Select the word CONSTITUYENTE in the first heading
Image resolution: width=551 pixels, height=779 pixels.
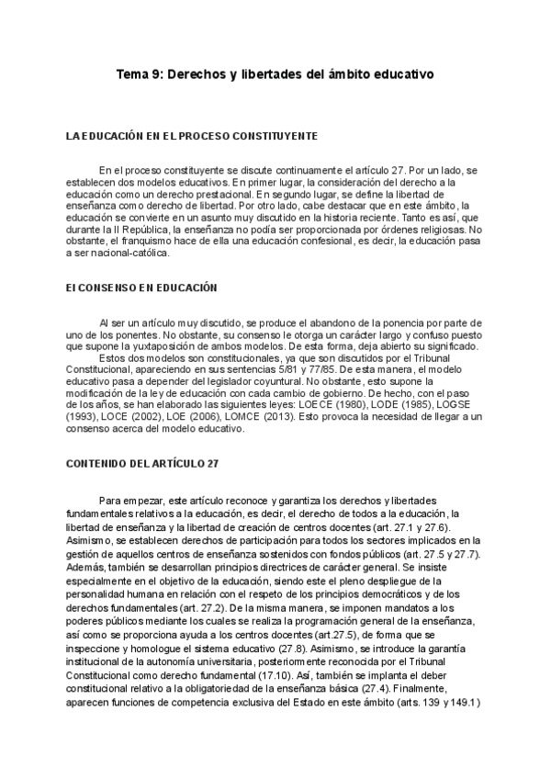pos(276,136)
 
